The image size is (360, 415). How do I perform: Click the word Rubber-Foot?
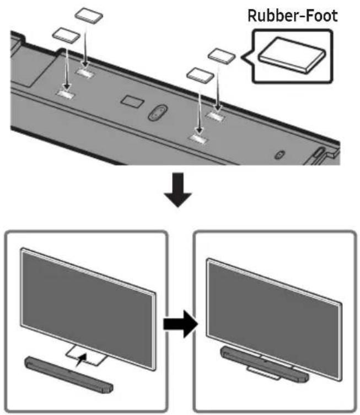tap(293, 15)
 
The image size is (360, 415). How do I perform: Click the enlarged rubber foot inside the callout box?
tap(292, 55)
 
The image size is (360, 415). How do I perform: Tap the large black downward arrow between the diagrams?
tap(178, 190)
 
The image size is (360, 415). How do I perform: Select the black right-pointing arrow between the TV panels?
tap(180, 324)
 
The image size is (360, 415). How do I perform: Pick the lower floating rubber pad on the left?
tap(66, 35)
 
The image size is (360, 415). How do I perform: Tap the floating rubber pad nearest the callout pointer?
tap(222, 56)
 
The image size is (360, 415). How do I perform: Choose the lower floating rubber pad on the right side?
tap(200, 75)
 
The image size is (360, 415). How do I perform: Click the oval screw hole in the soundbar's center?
tap(158, 113)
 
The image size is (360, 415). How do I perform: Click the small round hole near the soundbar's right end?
tap(280, 154)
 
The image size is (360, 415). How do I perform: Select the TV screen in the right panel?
tap(273, 319)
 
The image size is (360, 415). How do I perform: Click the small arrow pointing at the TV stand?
tap(81, 360)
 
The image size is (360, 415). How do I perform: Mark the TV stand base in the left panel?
tap(87, 356)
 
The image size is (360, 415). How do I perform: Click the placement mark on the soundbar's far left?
tap(66, 94)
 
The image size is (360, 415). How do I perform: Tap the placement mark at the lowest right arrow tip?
tap(198, 139)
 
